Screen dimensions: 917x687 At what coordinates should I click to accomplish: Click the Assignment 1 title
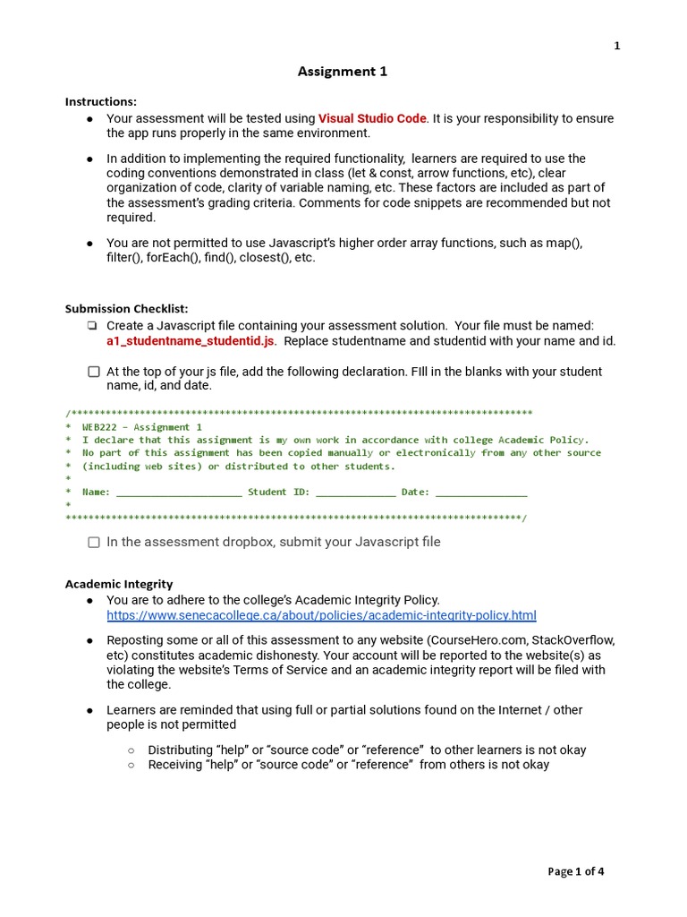coord(343,72)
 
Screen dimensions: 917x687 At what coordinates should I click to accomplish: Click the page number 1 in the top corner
coord(616,47)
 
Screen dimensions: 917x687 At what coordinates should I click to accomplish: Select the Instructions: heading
coord(101,102)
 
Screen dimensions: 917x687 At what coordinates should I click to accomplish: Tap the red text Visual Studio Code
coord(372,118)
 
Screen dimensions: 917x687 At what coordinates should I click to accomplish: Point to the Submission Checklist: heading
coord(126,309)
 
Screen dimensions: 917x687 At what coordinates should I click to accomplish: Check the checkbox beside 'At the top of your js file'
coord(94,372)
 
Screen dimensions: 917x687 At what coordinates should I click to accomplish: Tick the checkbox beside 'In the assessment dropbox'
coord(94,543)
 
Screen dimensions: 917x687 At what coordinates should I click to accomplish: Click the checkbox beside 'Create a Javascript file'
coord(94,326)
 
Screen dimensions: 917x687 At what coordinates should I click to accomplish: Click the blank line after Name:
coord(179,492)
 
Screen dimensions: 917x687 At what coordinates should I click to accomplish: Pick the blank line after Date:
coord(481,492)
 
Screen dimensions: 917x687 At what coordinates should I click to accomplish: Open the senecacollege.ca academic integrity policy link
coord(321,615)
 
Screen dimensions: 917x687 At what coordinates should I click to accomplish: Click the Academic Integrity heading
coord(119,584)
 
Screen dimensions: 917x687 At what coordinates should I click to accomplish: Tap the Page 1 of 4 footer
coord(575,871)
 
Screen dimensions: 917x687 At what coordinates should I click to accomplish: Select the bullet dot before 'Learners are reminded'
coord(90,710)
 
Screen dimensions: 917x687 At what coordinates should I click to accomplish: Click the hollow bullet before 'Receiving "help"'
coord(131,765)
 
